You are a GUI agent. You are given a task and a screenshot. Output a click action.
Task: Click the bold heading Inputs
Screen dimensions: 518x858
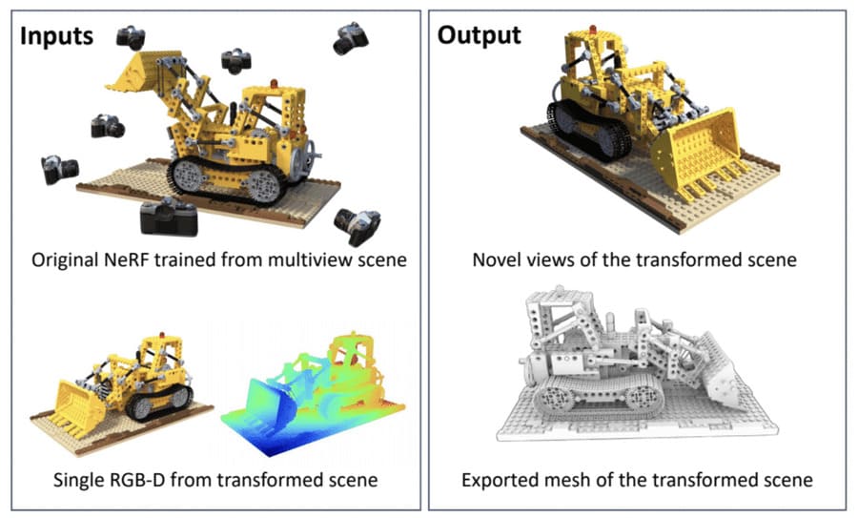tap(57, 36)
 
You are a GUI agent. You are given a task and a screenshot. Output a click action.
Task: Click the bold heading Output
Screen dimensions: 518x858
tap(479, 36)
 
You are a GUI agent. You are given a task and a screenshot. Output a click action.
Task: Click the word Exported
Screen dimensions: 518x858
tap(501, 479)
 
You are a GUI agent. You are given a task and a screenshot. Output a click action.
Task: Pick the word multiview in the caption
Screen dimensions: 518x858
tap(305, 259)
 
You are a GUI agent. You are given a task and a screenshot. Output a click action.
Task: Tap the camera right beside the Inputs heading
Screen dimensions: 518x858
tap(131, 37)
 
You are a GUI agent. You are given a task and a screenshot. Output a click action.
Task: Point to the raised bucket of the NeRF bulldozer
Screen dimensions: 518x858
tap(142, 73)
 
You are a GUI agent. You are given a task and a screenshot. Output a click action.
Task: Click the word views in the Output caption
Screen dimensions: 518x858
tap(552, 259)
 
